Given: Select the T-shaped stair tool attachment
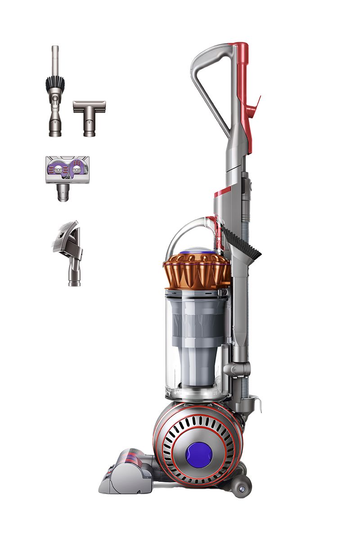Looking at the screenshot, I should tap(89, 117).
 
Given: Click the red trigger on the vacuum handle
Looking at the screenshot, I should tap(254, 104).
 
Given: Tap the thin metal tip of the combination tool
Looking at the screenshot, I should tap(55, 58).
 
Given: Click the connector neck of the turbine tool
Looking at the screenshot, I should tap(63, 193).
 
